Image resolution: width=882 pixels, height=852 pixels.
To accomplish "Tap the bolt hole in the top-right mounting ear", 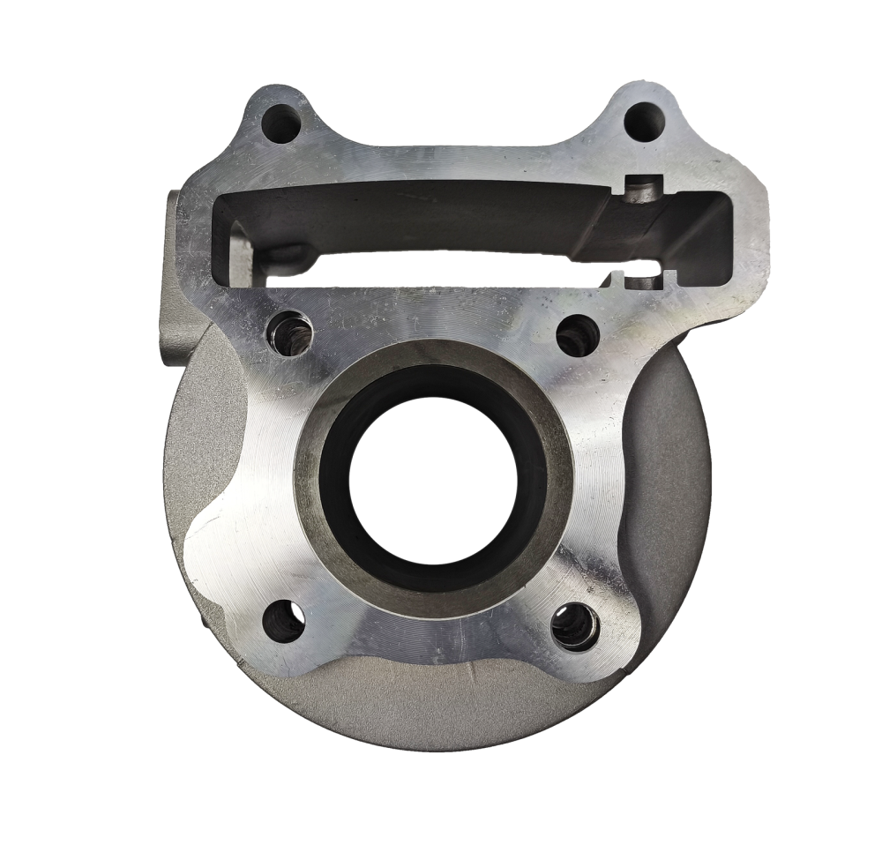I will tap(644, 121).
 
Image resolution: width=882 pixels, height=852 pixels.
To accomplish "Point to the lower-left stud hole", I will tap(285, 623).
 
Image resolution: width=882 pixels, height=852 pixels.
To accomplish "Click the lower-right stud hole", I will tap(575, 627).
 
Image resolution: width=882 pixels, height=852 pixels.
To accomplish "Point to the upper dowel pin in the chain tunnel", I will tap(646, 189).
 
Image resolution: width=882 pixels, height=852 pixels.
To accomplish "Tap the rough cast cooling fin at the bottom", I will tap(423, 706).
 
